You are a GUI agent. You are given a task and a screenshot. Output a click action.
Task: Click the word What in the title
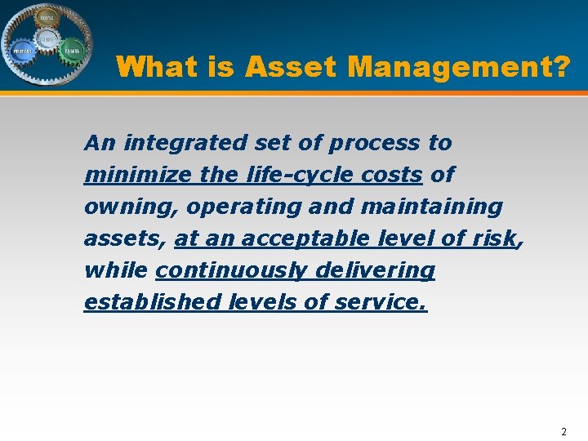[x=163, y=67]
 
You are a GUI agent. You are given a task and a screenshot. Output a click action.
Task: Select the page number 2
[x=563, y=430]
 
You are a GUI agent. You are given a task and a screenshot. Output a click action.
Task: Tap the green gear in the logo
[x=72, y=50]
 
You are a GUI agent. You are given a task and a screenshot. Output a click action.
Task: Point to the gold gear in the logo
[x=47, y=17]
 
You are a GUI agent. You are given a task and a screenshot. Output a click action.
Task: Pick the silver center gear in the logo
[x=47, y=39]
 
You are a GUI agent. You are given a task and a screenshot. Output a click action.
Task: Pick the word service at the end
[x=379, y=302]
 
